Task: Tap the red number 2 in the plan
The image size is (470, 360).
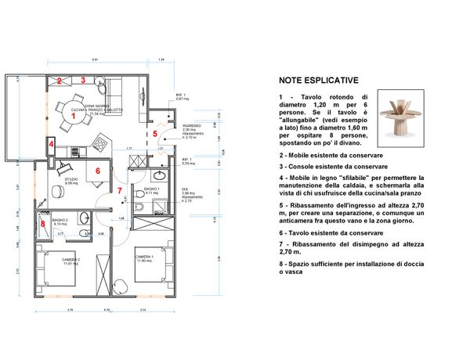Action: [x=59, y=81]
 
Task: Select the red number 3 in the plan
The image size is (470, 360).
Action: [x=81, y=80]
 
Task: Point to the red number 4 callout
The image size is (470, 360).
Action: [x=51, y=145]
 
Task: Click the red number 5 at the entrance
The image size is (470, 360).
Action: [x=155, y=133]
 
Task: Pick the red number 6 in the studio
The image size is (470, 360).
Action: [x=98, y=170]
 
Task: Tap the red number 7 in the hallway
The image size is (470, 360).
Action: [x=119, y=190]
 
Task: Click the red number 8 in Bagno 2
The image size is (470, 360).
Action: [x=42, y=225]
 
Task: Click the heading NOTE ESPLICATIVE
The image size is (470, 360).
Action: [x=319, y=80]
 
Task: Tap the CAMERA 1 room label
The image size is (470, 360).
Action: [x=143, y=257]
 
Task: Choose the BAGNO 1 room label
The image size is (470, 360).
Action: [x=152, y=189]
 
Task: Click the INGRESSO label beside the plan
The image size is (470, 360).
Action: [x=192, y=125]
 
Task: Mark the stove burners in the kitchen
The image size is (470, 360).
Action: [x=100, y=144]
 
